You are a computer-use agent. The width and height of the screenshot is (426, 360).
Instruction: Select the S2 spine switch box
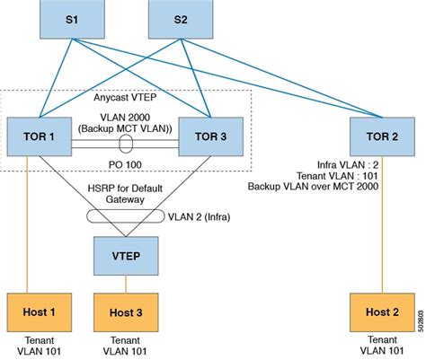point(179,18)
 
